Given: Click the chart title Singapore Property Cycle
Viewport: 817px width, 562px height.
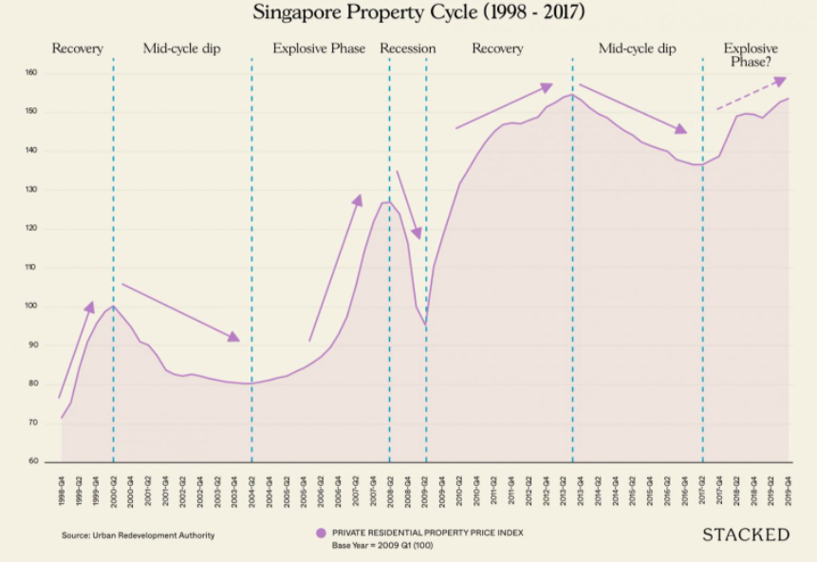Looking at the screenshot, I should click(x=408, y=13).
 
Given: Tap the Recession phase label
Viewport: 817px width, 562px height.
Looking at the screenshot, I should click(x=408, y=48).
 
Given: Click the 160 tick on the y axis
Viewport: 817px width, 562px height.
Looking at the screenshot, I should click(x=31, y=73).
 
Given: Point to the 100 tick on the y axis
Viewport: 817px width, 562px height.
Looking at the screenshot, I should click(x=31, y=307).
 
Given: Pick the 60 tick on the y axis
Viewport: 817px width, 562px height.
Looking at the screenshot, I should click(x=31, y=462).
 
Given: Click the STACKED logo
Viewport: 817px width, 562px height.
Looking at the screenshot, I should click(x=746, y=535).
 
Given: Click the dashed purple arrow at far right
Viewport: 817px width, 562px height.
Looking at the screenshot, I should click(x=752, y=94).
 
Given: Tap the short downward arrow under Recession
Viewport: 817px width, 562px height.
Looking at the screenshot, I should click(x=408, y=204).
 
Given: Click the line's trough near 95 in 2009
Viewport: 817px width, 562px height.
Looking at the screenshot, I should click(x=426, y=326).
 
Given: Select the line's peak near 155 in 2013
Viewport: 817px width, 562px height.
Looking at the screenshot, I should click(x=569, y=95).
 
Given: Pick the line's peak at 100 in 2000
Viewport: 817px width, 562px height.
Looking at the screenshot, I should click(x=114, y=306).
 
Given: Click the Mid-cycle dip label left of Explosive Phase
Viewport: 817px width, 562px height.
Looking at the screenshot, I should click(x=181, y=48).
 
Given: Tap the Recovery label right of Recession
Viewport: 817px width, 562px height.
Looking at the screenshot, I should click(x=497, y=48).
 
